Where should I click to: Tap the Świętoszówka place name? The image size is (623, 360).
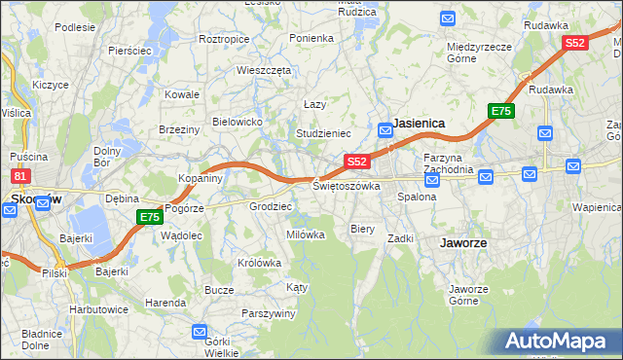point(347,185)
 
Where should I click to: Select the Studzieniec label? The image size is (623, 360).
point(322,132)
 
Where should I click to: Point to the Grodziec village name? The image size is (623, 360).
point(271,206)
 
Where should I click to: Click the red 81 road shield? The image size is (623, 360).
point(20,176)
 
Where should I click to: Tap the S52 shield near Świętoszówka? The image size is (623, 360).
point(356,162)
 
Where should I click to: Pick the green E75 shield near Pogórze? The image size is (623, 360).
point(149,217)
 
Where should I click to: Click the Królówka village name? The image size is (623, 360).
point(259,263)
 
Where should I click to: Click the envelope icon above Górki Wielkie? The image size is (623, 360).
point(201,331)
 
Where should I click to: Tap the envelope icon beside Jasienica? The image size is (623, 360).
point(385,126)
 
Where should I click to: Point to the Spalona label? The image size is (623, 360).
point(417,197)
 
